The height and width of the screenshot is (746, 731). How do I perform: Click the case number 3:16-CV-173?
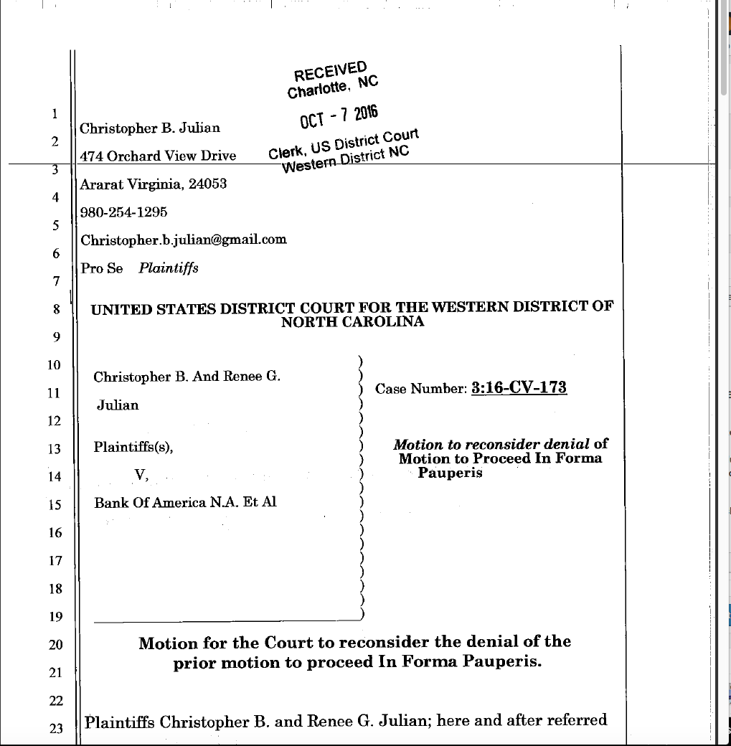[x=519, y=388]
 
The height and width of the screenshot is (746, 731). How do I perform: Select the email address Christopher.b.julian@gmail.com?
[x=183, y=240]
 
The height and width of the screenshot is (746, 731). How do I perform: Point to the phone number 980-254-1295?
[x=123, y=212]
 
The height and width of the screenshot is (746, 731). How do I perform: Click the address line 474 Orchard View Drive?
[x=158, y=156]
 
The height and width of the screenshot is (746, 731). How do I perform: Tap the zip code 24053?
[x=207, y=184]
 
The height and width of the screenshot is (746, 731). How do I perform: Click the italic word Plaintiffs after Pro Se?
[x=169, y=268]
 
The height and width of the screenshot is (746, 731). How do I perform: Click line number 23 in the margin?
[x=56, y=729]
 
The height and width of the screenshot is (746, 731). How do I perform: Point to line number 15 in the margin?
[x=55, y=505]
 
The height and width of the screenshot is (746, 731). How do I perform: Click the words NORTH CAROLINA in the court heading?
[x=352, y=322]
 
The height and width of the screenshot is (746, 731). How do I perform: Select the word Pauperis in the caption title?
[x=450, y=473]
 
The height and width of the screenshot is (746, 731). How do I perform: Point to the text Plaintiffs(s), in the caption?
[x=133, y=447]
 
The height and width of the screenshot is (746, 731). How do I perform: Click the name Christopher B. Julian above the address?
[x=150, y=128]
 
